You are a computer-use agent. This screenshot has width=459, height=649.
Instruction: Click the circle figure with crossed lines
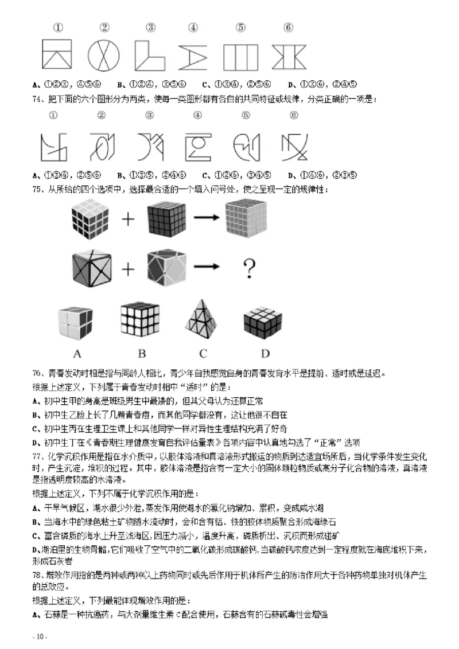pos(104,55)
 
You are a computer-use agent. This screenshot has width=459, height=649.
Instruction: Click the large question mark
pos(249,267)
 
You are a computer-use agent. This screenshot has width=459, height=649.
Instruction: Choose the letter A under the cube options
pos(77,352)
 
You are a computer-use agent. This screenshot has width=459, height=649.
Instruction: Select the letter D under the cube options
pos(264,352)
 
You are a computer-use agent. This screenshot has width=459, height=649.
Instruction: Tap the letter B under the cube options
pos(141,352)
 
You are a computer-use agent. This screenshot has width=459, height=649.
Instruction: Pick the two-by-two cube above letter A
pos(75,322)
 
